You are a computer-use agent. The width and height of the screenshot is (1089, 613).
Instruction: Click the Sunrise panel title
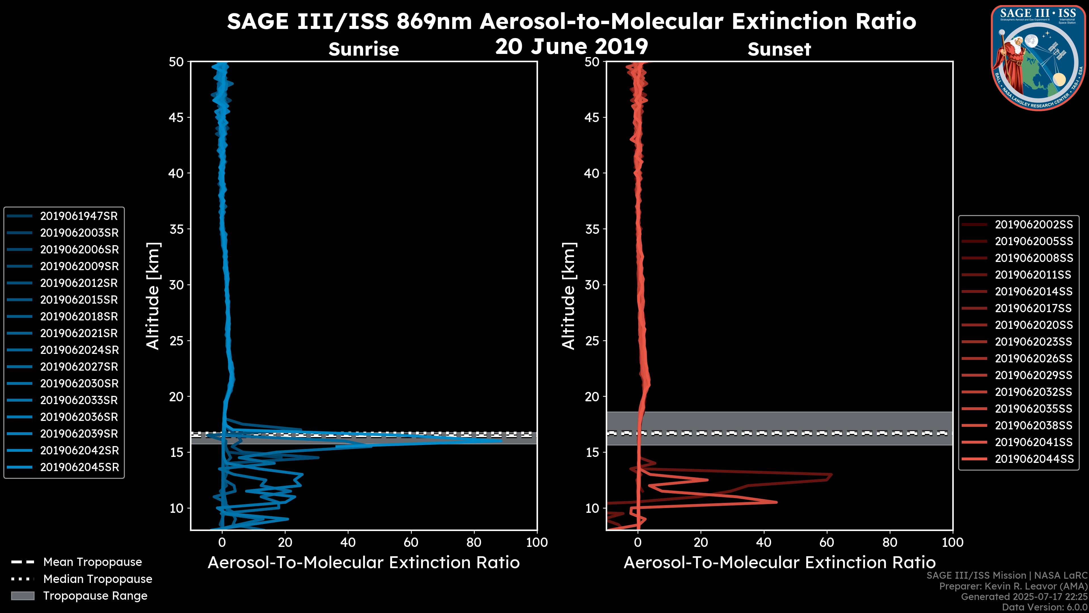[364, 49]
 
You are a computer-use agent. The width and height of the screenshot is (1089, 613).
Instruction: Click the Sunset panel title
[779, 49]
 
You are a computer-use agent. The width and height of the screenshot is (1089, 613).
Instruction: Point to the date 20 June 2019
[571, 47]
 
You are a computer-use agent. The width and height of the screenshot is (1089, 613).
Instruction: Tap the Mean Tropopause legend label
[92, 562]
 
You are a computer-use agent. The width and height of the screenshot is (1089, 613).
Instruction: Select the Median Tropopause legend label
[98, 579]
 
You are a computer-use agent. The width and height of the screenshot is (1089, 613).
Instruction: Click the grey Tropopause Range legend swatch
[23, 596]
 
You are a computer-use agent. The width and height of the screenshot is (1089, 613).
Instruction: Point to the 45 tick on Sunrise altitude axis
[177, 117]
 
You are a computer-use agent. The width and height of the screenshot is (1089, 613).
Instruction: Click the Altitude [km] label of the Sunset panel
[569, 296]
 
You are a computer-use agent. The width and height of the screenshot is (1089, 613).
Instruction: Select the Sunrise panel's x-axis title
[364, 563]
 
